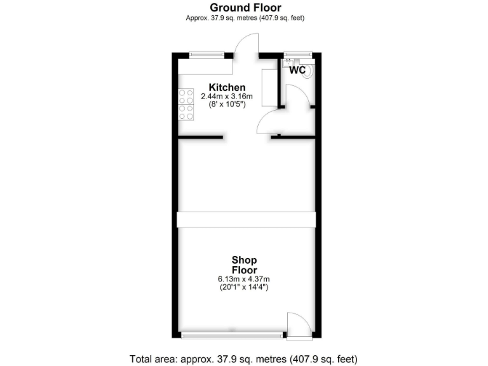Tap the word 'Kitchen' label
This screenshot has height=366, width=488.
pyautogui.click(x=227, y=87)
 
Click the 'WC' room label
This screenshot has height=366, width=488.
pyautogui.click(x=297, y=71)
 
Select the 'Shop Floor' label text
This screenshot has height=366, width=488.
pyautogui.click(x=244, y=265)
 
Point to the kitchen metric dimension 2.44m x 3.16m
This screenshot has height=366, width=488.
pyautogui.click(x=227, y=97)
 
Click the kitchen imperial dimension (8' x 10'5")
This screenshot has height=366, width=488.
pyautogui.click(x=227, y=105)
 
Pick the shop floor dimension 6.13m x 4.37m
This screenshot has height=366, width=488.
pyautogui.click(x=244, y=279)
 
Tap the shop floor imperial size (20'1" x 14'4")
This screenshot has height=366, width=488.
pyautogui.click(x=244, y=288)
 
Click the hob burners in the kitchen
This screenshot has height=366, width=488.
pyautogui.click(x=186, y=104)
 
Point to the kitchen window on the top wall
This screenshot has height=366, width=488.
pyautogui.click(x=207, y=55)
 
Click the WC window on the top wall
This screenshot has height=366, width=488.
pyautogui.click(x=297, y=55)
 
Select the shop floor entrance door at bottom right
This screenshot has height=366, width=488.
pyautogui.click(x=297, y=324)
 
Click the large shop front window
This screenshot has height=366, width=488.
pyautogui.click(x=232, y=334)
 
